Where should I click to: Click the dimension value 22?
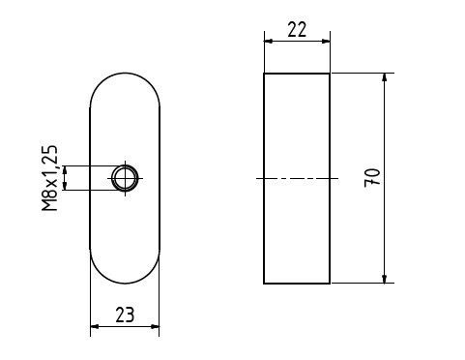[297, 30]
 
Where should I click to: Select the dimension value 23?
[125, 315]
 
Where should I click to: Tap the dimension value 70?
[372, 178]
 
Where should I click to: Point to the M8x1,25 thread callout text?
[50, 178]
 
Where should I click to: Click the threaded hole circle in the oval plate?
[125, 178]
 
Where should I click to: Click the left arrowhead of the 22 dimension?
[269, 42]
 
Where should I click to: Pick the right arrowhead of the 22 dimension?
[326, 42]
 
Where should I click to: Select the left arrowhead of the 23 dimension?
[95, 327]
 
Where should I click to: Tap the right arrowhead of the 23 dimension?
[155, 327]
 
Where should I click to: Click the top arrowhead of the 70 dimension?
[384, 77]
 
